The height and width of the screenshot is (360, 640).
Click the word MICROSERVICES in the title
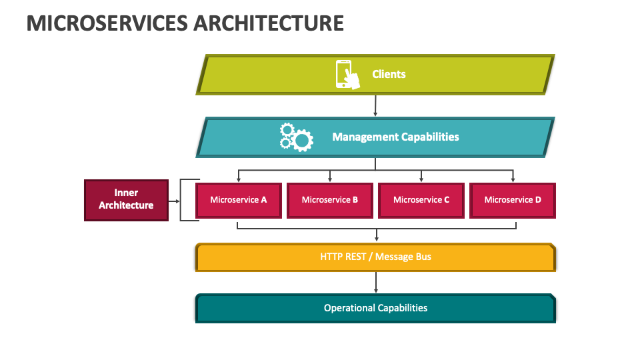[x=107, y=23]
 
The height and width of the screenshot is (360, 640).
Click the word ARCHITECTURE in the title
[x=269, y=23]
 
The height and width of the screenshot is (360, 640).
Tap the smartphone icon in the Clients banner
[x=347, y=75]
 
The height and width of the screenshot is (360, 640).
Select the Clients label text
[x=389, y=74]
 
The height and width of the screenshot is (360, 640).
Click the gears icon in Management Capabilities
[x=296, y=137]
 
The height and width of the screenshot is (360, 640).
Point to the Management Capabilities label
[x=395, y=137]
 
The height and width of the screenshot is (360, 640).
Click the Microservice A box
[x=239, y=201]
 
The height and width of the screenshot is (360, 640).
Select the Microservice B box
[x=330, y=201]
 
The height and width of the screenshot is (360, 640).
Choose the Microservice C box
[x=421, y=201]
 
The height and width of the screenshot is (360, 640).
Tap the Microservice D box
[x=513, y=201]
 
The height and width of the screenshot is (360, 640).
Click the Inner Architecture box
[x=126, y=201]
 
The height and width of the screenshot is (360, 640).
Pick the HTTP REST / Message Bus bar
[x=375, y=257]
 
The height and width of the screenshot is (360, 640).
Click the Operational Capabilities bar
[x=375, y=308]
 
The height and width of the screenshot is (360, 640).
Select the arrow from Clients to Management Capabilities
[x=375, y=106]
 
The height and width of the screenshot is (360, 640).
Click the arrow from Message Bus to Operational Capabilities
[x=376, y=283]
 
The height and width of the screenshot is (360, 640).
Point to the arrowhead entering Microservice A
[x=239, y=179]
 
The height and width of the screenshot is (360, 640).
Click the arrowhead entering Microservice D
[x=513, y=179]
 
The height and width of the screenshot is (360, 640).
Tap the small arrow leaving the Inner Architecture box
[x=174, y=201]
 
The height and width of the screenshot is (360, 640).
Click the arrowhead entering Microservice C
[x=421, y=179]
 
